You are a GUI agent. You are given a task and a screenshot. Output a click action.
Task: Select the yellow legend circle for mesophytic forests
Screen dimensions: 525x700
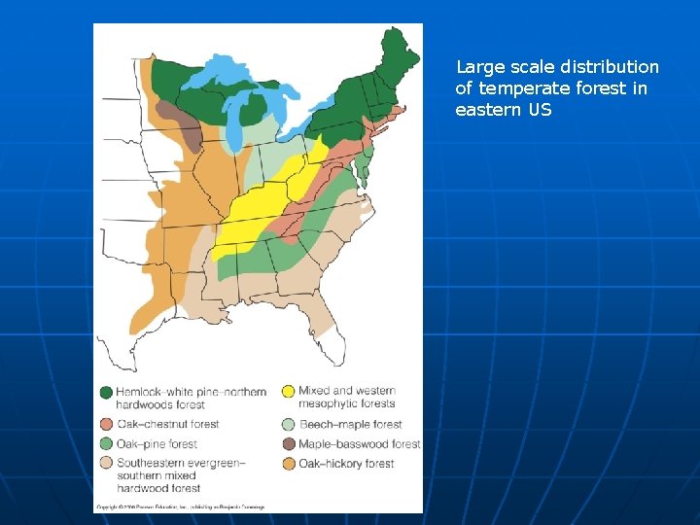pyautogui.click(x=288, y=392)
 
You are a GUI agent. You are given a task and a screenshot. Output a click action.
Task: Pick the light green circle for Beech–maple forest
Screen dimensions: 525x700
pyautogui.click(x=288, y=424)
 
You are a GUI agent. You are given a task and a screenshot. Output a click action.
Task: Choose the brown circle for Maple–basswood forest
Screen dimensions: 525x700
pyautogui.click(x=288, y=444)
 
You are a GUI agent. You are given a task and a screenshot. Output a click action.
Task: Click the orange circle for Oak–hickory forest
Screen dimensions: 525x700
pyautogui.click(x=288, y=464)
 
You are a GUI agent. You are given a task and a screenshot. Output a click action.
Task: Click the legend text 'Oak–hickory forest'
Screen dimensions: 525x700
pyautogui.click(x=346, y=464)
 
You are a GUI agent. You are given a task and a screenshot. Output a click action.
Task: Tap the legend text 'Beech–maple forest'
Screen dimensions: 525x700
pyautogui.click(x=350, y=424)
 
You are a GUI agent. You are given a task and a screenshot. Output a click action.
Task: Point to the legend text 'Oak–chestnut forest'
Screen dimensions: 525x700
pyautogui.click(x=167, y=424)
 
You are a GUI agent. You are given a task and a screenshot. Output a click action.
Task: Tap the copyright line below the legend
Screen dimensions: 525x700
pyautogui.click(x=180, y=507)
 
